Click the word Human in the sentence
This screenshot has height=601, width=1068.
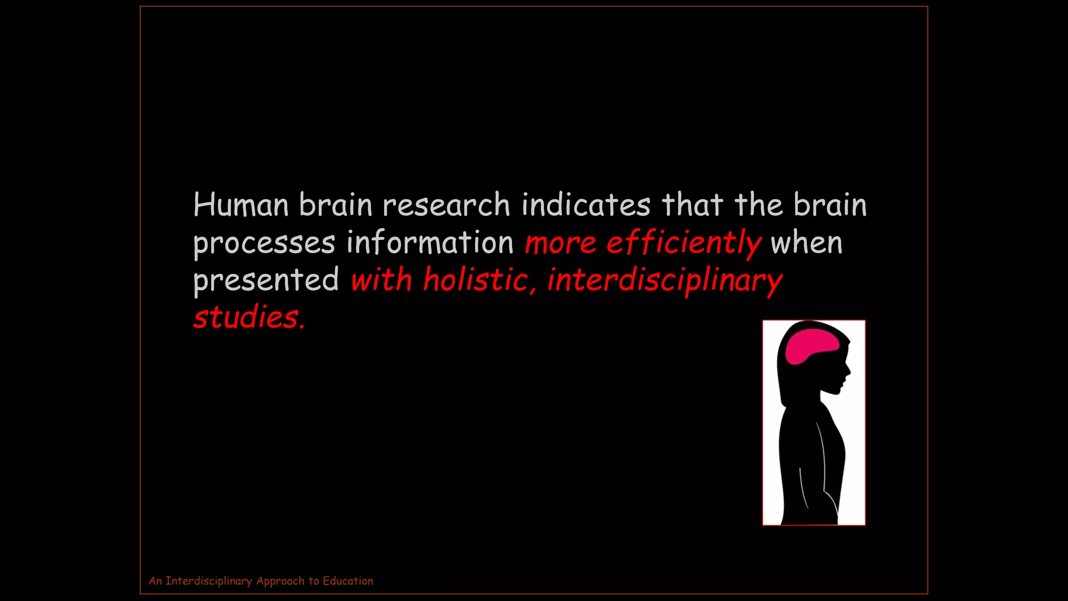coord(240,205)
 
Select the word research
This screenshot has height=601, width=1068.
coord(446,205)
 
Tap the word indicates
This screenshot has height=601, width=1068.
coord(586,205)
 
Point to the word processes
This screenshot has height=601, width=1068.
coord(264,243)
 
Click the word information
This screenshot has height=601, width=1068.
coord(430,243)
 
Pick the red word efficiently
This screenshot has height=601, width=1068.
coord(684,243)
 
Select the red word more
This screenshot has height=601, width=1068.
coord(560,243)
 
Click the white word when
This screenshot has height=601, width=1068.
coord(806,243)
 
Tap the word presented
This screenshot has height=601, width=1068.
coord(266,280)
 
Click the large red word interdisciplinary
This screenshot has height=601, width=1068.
coord(665,280)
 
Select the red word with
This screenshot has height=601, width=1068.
coord(381,280)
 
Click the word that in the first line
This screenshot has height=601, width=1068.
coord(693,205)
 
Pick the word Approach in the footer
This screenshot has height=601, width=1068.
coord(280,581)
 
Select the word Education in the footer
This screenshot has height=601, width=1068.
coord(348,581)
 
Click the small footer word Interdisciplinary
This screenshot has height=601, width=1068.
coord(209,581)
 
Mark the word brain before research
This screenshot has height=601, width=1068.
coord(335,205)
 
